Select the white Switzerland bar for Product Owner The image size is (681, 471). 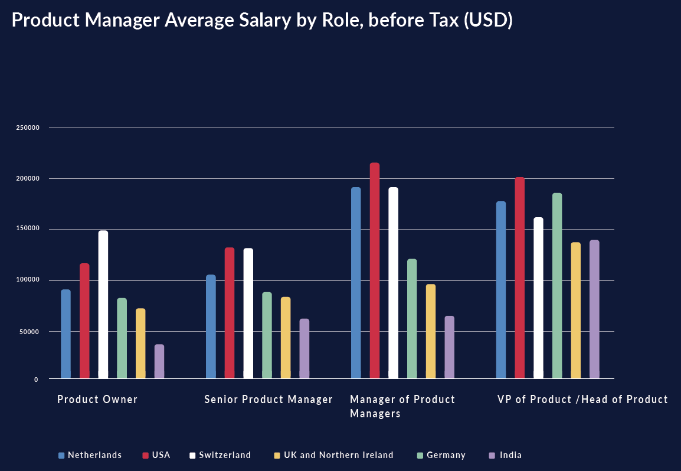pyautogui.click(x=103, y=304)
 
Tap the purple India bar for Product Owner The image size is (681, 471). pyautogui.click(x=159, y=361)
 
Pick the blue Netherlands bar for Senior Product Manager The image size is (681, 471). pyautogui.click(x=211, y=326)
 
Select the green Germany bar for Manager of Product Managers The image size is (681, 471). pyautogui.click(x=412, y=318)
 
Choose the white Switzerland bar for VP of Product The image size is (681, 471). pyautogui.click(x=538, y=297)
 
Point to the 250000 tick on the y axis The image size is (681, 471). pyautogui.click(x=27, y=128)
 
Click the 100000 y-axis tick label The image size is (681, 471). pyautogui.click(x=27, y=280)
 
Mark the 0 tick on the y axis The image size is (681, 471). pyautogui.click(x=36, y=380)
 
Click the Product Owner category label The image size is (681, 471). pyautogui.click(x=97, y=400)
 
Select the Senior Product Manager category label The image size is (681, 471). pyautogui.click(x=269, y=400)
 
